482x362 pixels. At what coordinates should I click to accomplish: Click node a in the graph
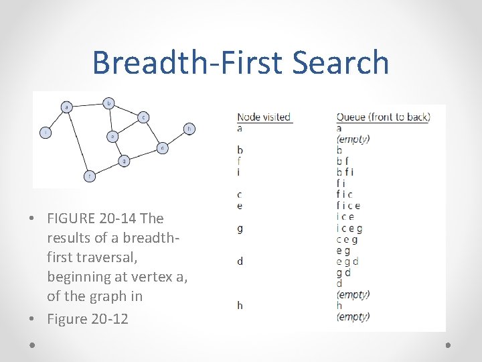coord(67,107)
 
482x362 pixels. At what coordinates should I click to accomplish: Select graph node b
coord(109,103)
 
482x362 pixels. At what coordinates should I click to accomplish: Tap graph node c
coord(143,117)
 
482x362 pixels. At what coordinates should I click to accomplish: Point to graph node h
coord(189,128)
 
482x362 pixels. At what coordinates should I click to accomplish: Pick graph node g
coord(124,161)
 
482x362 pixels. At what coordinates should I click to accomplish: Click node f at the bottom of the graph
coord(90,176)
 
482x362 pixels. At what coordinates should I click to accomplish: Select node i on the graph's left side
coord(45,133)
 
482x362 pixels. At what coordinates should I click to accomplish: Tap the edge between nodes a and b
coord(88,105)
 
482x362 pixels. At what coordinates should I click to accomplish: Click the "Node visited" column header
coord(264,117)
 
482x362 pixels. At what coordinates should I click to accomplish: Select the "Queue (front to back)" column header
coord(383,117)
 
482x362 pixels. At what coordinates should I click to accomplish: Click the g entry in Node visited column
coord(240,229)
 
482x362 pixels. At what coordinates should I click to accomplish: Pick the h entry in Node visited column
coord(240,306)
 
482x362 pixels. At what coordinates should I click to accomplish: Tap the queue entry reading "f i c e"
coord(348,206)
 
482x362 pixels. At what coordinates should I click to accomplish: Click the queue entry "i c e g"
coord(349,229)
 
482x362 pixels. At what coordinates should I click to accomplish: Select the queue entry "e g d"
coord(347,261)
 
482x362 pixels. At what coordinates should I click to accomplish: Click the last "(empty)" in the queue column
coord(353,316)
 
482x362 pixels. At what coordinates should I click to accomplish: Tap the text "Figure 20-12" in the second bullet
coord(87,319)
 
